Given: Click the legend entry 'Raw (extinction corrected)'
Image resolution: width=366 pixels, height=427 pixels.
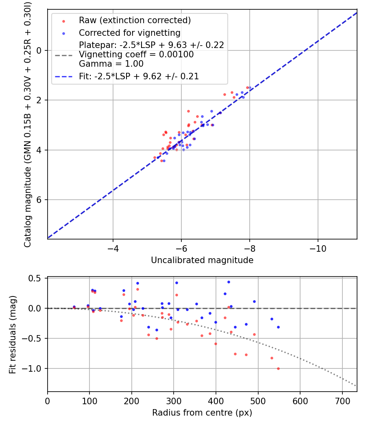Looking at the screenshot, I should point(135,20).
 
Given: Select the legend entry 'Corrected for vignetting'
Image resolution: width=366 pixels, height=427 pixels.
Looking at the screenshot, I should point(129,33).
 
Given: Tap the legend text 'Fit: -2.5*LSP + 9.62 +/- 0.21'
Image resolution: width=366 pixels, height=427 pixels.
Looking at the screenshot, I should point(139,76).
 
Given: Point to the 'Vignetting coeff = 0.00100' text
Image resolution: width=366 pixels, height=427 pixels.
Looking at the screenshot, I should point(136,54).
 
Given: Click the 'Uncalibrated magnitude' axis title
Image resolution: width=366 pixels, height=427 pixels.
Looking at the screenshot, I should point(202,260).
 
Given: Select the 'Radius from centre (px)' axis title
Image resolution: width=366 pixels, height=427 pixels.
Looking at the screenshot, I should point(202,413).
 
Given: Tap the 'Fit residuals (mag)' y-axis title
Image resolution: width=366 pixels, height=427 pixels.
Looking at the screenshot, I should point(13,334).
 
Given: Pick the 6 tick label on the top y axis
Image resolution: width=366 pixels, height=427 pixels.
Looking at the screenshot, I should point(39,200).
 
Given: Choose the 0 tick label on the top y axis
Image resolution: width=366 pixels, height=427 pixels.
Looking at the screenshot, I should point(39,50).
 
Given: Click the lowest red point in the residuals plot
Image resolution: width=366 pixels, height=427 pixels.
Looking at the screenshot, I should point(278,368).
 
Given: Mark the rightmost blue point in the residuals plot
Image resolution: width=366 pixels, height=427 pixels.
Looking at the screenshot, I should point(278,327).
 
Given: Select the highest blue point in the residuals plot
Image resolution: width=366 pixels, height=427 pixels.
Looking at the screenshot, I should point(229,282).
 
